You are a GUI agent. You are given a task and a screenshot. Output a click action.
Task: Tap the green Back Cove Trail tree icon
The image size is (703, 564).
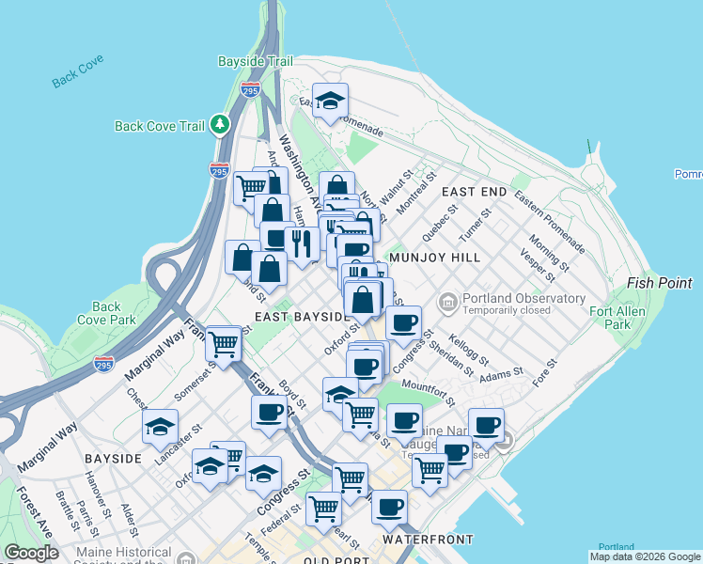click(220, 124)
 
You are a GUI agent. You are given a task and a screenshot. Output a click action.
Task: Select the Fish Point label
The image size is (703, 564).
click(660, 282)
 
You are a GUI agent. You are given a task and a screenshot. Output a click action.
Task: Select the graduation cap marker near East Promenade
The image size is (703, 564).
click(330, 101)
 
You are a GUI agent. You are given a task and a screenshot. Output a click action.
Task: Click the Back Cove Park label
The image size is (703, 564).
click(106, 313)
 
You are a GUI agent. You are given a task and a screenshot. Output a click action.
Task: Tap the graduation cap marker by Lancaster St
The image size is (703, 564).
click(161, 426)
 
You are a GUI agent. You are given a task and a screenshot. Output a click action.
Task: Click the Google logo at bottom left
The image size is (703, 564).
click(31, 553)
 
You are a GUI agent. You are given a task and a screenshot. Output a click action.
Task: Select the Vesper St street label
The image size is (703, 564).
click(538, 264)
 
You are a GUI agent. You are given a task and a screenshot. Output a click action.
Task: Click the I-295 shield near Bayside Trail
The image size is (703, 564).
click(250, 90)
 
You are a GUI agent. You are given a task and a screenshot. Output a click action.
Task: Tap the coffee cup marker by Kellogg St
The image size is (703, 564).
click(404, 323)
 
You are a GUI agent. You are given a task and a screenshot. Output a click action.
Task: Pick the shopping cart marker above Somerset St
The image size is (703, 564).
click(224, 344)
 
